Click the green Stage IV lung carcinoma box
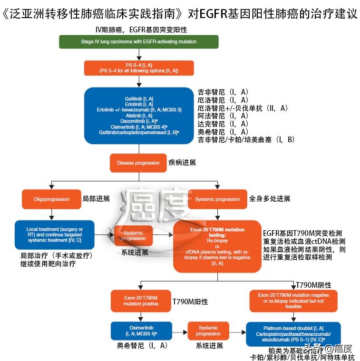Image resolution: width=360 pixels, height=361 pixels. click(138, 42)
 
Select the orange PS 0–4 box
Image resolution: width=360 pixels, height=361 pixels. click(138, 68)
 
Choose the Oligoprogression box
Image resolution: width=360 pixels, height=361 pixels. click(51, 199)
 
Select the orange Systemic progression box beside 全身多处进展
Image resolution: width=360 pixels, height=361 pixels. click(217, 199)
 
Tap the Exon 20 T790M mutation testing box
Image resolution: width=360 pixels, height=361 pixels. click(217, 246)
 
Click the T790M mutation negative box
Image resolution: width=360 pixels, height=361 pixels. click(293, 301)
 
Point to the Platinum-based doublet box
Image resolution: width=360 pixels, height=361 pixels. click(293, 333)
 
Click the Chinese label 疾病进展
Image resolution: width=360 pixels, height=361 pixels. click(182, 162)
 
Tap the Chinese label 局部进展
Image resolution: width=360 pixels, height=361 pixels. click(96, 198)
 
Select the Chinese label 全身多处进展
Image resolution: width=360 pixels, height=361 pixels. click(269, 198)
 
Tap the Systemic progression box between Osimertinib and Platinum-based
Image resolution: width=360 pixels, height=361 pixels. click(208, 331)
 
